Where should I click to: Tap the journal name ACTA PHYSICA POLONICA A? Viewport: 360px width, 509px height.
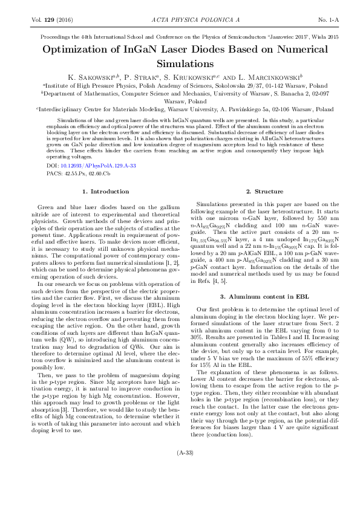pyautogui.click(x=180, y=20)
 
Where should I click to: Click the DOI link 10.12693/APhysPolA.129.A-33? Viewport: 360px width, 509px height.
pyautogui.click(x=97, y=165)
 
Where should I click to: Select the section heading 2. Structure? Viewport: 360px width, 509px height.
pyautogui.click(x=255, y=192)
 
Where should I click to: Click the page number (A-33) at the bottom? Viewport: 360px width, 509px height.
pyautogui.click(x=180, y=487)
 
